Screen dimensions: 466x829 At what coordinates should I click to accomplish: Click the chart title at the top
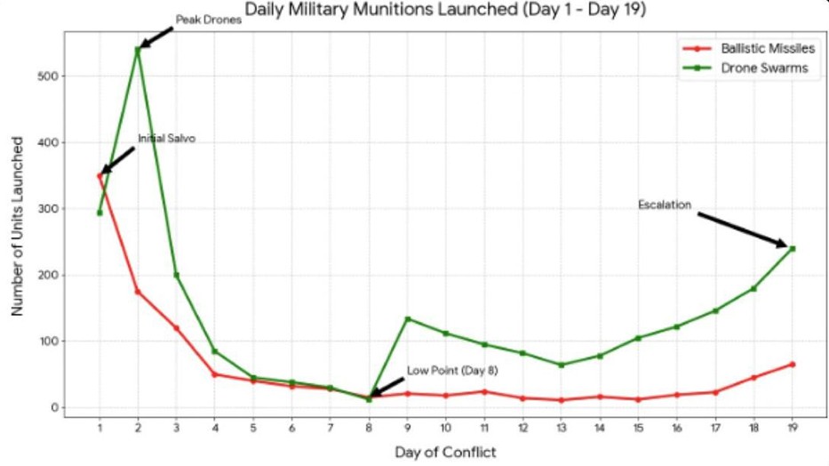pyautogui.click(x=445, y=11)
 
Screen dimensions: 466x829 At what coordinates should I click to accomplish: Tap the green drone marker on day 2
pyautogui.click(x=138, y=49)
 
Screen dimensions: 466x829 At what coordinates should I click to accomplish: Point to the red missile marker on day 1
pyautogui.click(x=100, y=175)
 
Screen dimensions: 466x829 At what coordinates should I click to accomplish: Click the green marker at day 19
pyautogui.click(x=792, y=248)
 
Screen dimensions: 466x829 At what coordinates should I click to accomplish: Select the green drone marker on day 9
pyautogui.click(x=407, y=318)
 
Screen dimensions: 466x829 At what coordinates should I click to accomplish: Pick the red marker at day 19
pyautogui.click(x=792, y=364)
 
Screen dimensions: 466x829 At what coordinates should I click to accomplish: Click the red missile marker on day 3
pyautogui.click(x=176, y=328)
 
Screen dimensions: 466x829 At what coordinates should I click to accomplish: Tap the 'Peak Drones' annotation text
pyautogui.click(x=209, y=19)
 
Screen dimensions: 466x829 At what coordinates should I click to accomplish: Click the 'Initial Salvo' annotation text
pyautogui.click(x=166, y=139)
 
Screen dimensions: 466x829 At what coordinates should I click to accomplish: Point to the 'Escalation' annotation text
pyautogui.click(x=665, y=205)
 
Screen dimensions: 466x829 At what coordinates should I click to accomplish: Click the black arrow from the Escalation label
pyautogui.click(x=741, y=229)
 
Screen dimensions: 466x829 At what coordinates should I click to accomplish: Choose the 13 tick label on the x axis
pyautogui.click(x=561, y=427)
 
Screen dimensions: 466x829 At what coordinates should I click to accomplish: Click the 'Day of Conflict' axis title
pyautogui.click(x=445, y=452)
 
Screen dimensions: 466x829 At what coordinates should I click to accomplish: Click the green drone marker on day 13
pyautogui.click(x=561, y=365)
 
